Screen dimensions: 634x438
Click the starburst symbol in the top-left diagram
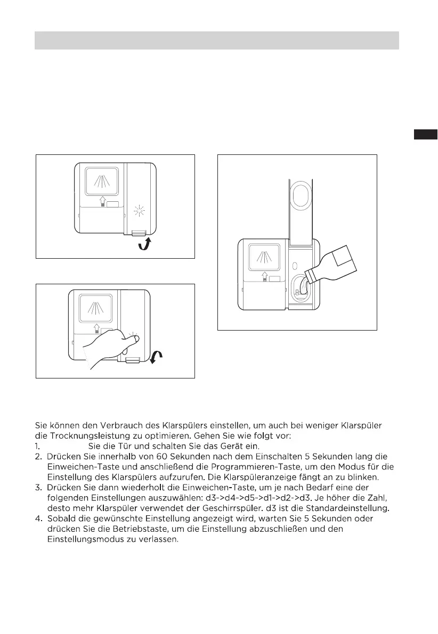tap(141, 211)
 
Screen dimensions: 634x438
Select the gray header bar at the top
tap(217, 40)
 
